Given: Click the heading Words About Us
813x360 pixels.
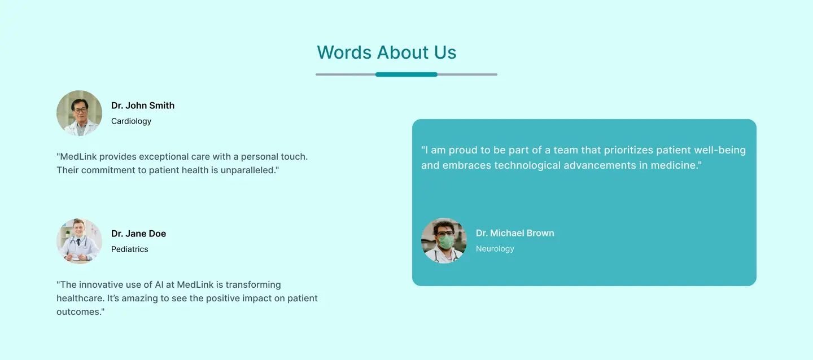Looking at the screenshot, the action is (387, 52).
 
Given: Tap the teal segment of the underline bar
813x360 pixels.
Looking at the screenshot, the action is (406, 74).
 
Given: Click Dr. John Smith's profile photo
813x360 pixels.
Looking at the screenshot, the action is (79, 113).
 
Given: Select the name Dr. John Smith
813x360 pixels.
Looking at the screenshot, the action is (143, 106).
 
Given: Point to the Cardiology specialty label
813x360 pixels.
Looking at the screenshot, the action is (131, 121).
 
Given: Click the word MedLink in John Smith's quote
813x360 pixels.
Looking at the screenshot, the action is (78, 156).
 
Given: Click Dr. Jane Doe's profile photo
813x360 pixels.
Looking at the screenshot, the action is (79, 241).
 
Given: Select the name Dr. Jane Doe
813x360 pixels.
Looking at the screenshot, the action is (138, 234).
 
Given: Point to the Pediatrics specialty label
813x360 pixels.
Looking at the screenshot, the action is (130, 249).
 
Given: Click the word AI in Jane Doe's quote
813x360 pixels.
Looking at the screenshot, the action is (159, 284).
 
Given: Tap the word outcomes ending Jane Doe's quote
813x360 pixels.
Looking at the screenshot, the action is (79, 311).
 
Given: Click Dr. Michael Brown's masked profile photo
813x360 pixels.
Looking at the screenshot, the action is (444, 240).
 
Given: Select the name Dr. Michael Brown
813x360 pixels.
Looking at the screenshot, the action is (515, 233).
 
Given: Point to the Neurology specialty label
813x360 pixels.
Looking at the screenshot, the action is (495, 249).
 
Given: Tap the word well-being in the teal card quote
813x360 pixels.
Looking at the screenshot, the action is (720, 150).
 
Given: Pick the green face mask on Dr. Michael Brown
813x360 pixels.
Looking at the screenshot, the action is (446, 242).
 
